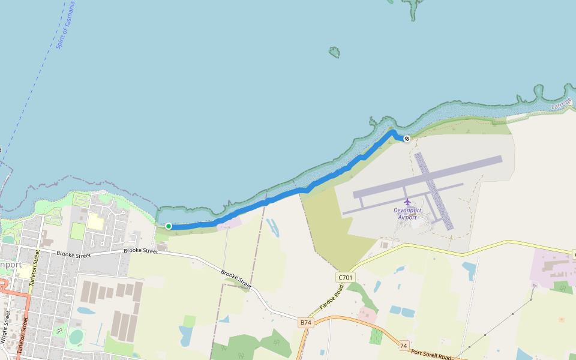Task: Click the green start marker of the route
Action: pos(169,226)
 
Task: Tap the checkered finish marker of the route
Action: pos(407,139)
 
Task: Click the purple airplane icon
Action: pos(408,201)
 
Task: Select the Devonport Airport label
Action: pos(407,214)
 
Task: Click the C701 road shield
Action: pos(346,277)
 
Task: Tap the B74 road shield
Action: pos(306,323)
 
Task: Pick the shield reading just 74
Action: pos(404,346)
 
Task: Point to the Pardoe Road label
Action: pos(331,297)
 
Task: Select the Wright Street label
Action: pos(7,328)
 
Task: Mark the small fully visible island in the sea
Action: pos(334,53)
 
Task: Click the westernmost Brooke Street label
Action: pos(73,255)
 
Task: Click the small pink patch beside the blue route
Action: pos(230,223)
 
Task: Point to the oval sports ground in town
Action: pos(76,337)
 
